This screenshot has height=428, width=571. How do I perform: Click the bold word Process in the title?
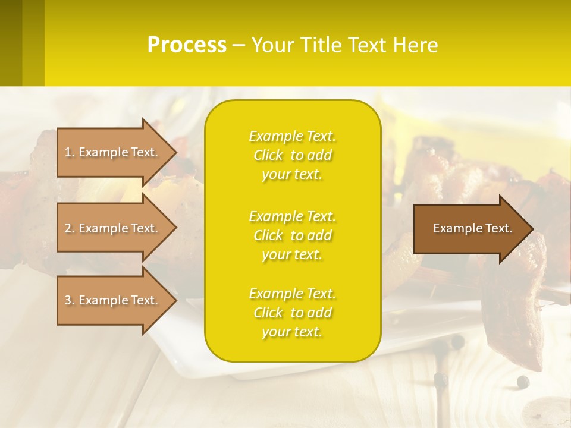tap(187, 45)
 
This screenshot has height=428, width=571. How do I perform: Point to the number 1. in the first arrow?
tap(70, 152)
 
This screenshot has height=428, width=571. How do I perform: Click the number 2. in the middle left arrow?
tap(70, 228)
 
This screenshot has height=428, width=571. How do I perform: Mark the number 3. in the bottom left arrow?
tap(70, 300)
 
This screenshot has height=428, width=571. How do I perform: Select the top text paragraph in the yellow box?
tap(292, 155)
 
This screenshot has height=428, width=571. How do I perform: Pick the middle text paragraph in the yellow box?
tap(292, 235)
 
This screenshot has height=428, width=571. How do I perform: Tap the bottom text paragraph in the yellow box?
tap(292, 313)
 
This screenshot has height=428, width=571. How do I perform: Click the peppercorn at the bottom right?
tap(523, 381)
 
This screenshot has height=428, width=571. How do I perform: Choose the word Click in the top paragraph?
tap(268, 156)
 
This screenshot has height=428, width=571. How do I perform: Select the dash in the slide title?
tap(239, 45)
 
